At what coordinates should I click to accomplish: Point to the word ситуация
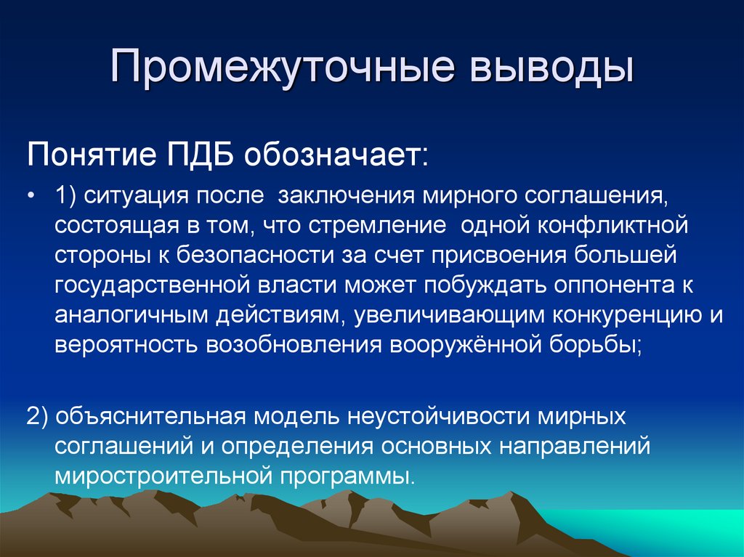tap(136, 196)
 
